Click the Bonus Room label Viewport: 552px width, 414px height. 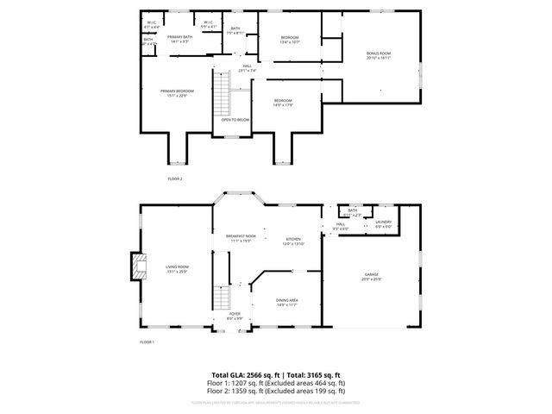(379, 54)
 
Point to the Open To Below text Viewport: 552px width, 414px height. (235, 120)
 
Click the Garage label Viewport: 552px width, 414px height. (372, 277)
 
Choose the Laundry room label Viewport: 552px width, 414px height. (383, 223)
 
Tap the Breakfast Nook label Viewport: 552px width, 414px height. (241, 237)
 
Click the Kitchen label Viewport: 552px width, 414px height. (292, 241)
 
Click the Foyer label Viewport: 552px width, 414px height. (235, 315)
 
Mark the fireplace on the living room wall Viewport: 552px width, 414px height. (135, 267)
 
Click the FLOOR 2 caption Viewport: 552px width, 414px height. (175, 179)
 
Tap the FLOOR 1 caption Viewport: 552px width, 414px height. (147, 342)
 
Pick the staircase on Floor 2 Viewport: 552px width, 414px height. (223, 93)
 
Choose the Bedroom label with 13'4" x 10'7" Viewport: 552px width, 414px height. (290, 40)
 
